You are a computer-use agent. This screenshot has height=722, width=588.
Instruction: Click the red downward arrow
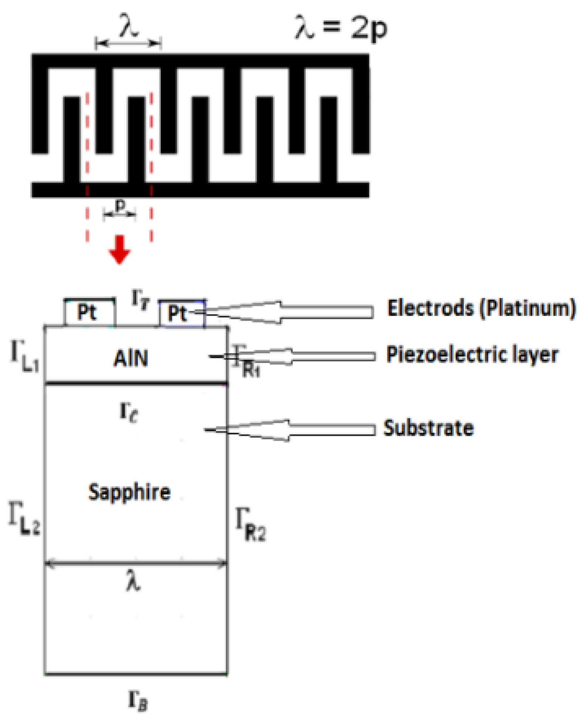[x=120, y=249]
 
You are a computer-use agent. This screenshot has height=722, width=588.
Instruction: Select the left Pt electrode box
[x=89, y=312]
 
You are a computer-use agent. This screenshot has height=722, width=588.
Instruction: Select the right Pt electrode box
[x=182, y=313]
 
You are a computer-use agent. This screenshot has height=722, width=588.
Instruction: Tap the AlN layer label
[x=131, y=358]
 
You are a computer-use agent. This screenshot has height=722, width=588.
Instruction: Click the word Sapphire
[x=129, y=492]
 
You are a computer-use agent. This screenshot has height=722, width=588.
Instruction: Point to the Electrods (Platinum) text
[x=481, y=308]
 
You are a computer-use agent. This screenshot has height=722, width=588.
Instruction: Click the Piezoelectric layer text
[x=472, y=355]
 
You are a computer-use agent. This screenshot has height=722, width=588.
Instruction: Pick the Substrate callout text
[x=428, y=428]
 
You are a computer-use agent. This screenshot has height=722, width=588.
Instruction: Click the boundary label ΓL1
[x=25, y=356]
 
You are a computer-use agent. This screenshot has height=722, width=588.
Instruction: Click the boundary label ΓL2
[x=24, y=518]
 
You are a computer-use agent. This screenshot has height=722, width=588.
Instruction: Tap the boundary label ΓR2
[x=250, y=524]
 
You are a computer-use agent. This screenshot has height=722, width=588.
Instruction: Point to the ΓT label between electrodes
[x=140, y=300]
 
